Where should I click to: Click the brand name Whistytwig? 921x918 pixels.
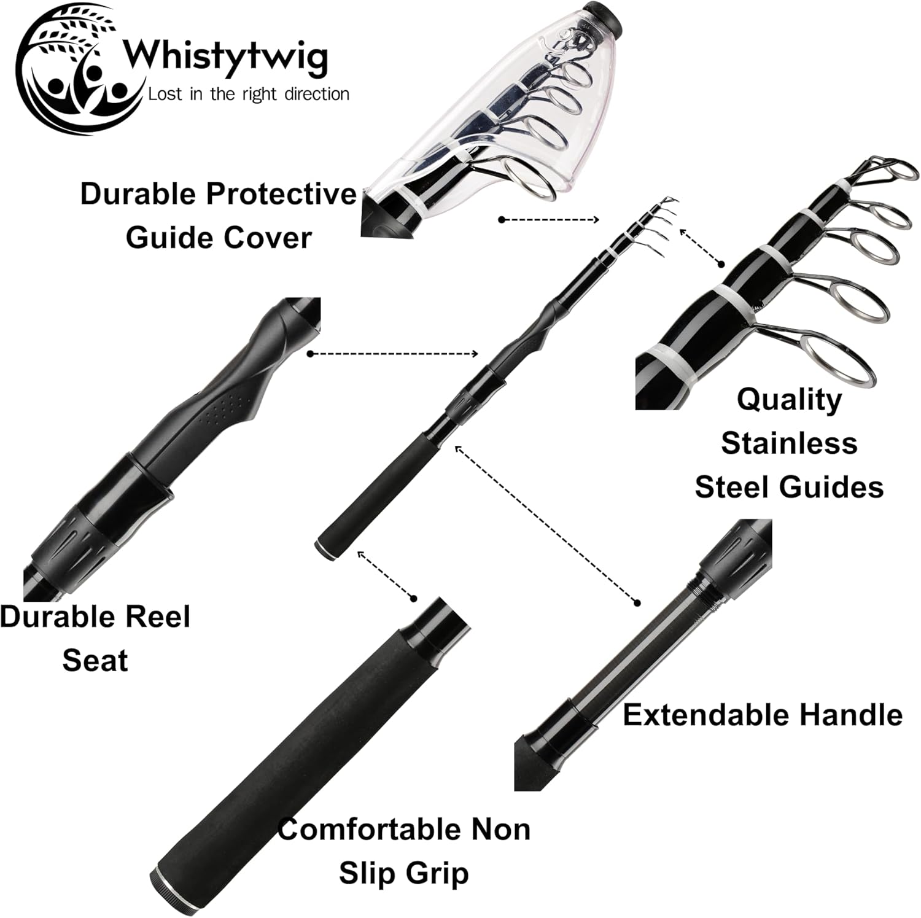pyautogui.click(x=225, y=57)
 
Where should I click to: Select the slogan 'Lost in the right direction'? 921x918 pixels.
pyautogui.click(x=249, y=94)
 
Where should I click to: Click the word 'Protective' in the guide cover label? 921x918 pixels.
pyautogui.click(x=281, y=193)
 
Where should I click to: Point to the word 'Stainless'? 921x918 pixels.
pyautogui.click(x=789, y=443)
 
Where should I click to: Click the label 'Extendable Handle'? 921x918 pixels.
pyautogui.click(x=763, y=715)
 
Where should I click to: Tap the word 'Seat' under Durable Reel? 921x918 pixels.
pyautogui.click(x=95, y=660)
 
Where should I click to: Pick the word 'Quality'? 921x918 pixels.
pyautogui.click(x=789, y=399)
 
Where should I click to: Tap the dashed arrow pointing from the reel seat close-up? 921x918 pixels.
pyautogui.click(x=393, y=354)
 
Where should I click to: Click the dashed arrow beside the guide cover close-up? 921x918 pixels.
pyautogui.click(x=550, y=219)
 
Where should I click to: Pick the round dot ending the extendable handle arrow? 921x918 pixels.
pyautogui.click(x=637, y=602)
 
